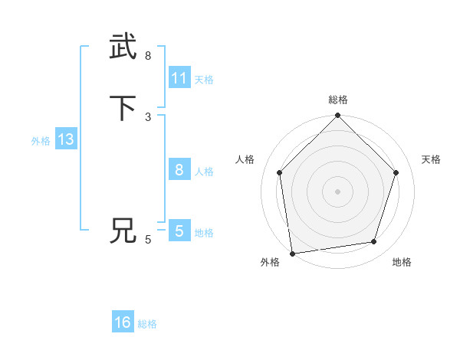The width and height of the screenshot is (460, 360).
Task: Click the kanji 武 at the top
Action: tap(123, 47)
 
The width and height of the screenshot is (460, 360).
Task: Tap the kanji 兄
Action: tap(123, 231)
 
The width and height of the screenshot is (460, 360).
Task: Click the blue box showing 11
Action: tap(179, 78)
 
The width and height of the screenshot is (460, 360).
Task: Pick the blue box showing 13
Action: tap(65, 140)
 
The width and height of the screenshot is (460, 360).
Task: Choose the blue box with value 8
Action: tap(179, 170)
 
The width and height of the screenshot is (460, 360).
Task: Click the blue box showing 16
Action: tap(123, 322)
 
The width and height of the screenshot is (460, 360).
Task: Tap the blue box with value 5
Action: tap(179, 231)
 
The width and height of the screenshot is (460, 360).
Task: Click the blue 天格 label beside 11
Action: tap(204, 80)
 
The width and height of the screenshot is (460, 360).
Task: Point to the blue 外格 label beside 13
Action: tap(41, 141)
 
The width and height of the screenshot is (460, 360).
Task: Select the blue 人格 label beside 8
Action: tap(204, 172)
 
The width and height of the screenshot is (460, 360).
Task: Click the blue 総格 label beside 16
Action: tap(147, 324)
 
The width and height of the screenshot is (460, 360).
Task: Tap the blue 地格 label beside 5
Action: tap(204, 233)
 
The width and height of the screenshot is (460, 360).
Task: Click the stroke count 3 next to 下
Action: tap(148, 116)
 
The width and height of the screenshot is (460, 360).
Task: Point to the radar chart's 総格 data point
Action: tap(337, 116)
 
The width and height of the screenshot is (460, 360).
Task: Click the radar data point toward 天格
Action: tap(396, 172)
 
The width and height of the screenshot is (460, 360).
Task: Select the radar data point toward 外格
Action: tap(292, 253)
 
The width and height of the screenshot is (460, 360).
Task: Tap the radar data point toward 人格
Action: tap(279, 172)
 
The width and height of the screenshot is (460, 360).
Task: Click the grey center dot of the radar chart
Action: tap(337, 191)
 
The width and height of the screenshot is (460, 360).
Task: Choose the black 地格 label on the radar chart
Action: tap(402, 263)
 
